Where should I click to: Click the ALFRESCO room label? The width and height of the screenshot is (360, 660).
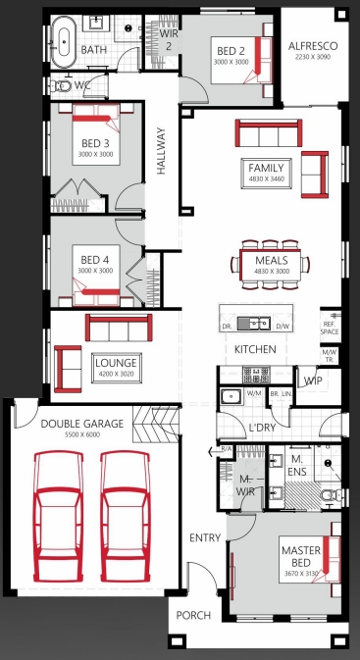(313, 46)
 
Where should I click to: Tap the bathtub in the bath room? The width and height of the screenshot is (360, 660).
(65, 44)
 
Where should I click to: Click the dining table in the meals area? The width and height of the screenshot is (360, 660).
(266, 263)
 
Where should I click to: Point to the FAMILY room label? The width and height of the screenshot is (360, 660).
(266, 168)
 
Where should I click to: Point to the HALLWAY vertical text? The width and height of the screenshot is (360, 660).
(161, 153)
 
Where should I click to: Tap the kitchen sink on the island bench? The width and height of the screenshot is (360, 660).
(259, 322)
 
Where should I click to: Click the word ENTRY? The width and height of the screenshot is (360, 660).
(206, 537)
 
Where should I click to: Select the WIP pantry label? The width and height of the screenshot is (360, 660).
(313, 380)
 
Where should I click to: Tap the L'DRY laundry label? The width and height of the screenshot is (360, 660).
(262, 428)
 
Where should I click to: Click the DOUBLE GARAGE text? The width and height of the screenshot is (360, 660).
(81, 424)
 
